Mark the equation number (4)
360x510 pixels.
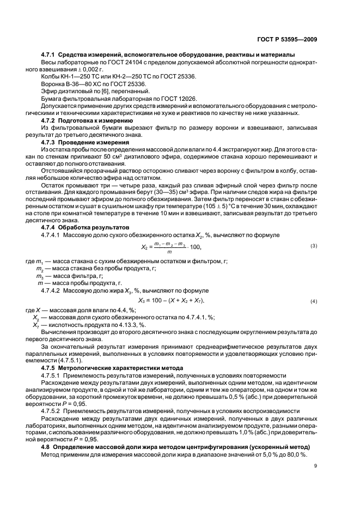pos(313,301)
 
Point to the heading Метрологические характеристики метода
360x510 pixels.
pos(120,368)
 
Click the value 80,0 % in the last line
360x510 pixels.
pos(296,454)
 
